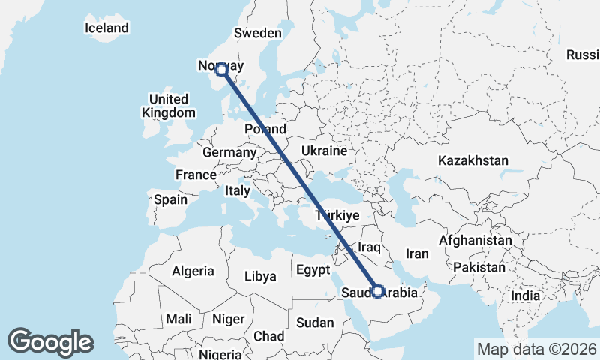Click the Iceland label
tap(106, 28)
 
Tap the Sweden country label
tap(257, 34)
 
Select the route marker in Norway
tap(222, 70)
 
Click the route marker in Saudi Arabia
tap(378, 291)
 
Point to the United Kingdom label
tap(169, 106)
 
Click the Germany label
tap(229, 152)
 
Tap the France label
tap(196, 175)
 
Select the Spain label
tap(170, 200)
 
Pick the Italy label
tap(237, 191)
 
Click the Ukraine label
tap(324, 151)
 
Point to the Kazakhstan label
tap(473, 160)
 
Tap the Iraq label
tap(370, 247)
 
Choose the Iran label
tap(417, 253)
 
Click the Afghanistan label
tap(475, 240)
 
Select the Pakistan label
tap(479, 267)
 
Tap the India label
tap(526, 295)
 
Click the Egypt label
tap(313, 269)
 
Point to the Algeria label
tap(193, 271)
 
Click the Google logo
tap(51, 341)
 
